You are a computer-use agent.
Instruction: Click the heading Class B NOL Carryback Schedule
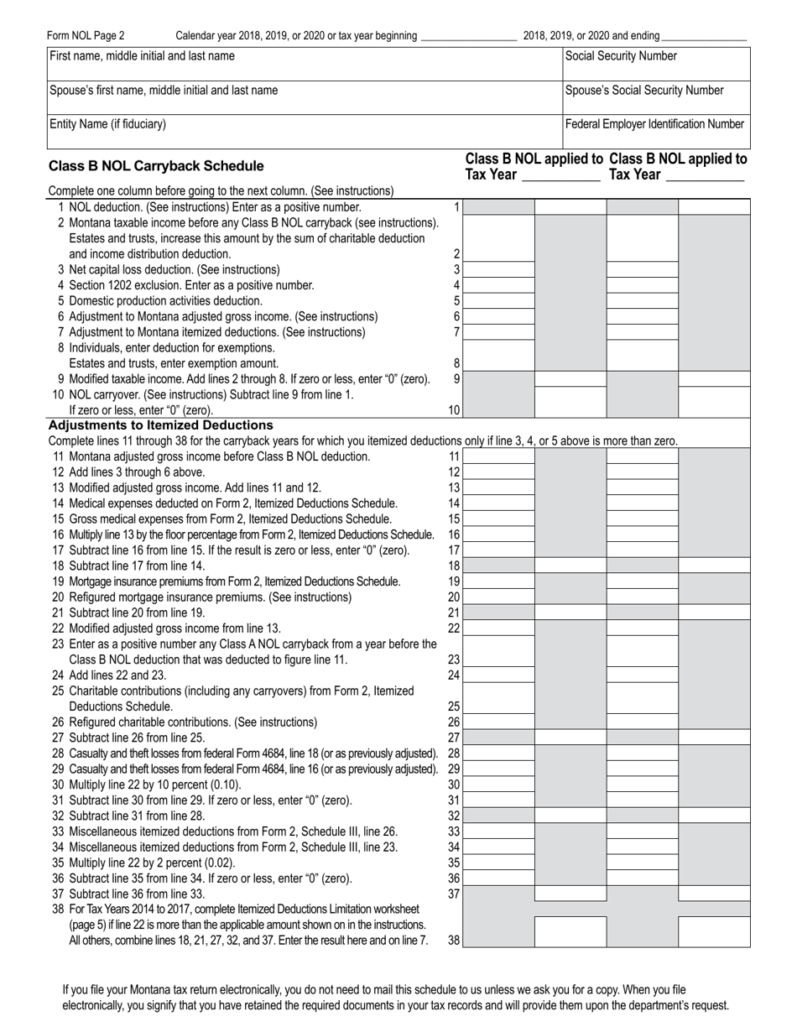coord(156,166)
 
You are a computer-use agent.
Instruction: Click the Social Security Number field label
coord(621,56)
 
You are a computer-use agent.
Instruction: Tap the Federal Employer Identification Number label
coord(654,124)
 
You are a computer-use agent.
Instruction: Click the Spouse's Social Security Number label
coord(644,91)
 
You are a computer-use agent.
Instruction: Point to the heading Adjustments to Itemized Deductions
coord(161,425)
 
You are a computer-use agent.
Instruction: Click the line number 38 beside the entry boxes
coord(454,941)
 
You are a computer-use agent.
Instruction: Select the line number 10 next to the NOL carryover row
coord(454,410)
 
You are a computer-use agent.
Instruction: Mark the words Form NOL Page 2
coord(86,35)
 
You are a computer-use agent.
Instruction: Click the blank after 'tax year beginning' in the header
coord(467,36)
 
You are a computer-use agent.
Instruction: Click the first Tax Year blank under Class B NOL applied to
coord(560,175)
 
